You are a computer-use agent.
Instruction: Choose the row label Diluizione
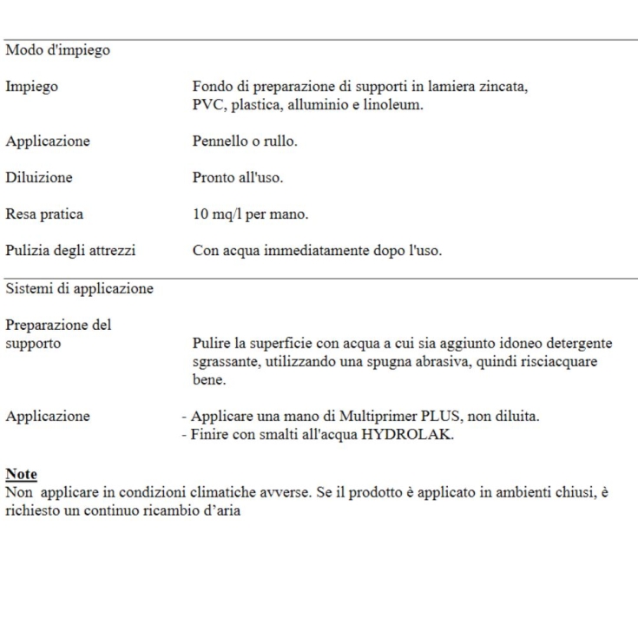click(39, 177)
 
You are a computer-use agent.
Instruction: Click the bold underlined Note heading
click(19, 474)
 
